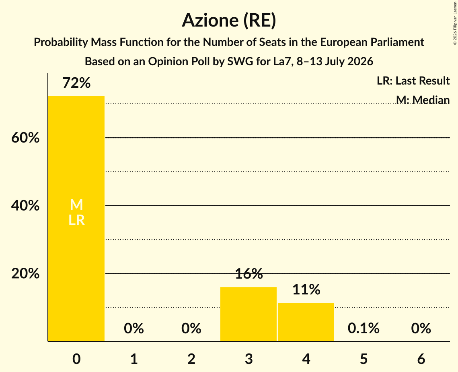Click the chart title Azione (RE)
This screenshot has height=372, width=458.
coord(229,21)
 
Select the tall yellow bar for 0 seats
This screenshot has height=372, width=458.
coord(76,219)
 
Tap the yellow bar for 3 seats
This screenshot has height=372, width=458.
coord(248,314)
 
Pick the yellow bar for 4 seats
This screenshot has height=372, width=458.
coord(306,322)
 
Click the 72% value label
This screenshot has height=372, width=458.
coord(76,83)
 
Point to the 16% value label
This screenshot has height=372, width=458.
coord(249,274)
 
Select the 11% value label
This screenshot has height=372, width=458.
coord(306,289)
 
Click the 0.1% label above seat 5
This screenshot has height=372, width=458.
coord(364,328)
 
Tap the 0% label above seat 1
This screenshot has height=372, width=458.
coord(134,328)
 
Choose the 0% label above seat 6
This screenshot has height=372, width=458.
coord(421,328)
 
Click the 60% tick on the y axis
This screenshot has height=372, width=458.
coord(25,137)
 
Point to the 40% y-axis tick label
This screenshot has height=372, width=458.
coord(25,206)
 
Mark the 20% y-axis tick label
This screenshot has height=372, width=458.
coord(25,273)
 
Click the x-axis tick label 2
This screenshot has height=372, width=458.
coord(191,359)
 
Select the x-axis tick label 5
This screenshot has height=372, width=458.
coord(364,359)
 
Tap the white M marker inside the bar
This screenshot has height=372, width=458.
coord(76,205)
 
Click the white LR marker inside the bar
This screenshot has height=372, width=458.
coord(76,220)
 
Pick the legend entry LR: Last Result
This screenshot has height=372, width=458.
coord(413,81)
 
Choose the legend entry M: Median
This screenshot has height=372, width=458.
coord(423,100)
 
